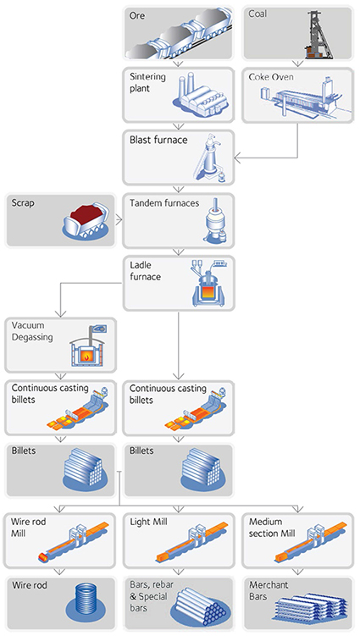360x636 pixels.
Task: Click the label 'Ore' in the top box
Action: [136, 16]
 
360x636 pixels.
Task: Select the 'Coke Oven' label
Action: [271, 77]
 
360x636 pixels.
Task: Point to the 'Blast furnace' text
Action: [158, 140]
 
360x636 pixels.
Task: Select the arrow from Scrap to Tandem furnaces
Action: [119, 220]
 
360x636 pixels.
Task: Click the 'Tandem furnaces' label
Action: [164, 202]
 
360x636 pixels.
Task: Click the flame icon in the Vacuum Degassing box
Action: [88, 357]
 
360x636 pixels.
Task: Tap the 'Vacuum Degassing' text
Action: [32, 331]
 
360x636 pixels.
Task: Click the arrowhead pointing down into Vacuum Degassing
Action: [60, 312]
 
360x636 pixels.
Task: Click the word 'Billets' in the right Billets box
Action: [141, 451]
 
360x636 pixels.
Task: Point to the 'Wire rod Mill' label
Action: [28, 527]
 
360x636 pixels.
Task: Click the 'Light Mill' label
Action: [148, 522]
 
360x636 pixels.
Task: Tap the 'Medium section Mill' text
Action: [272, 528]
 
